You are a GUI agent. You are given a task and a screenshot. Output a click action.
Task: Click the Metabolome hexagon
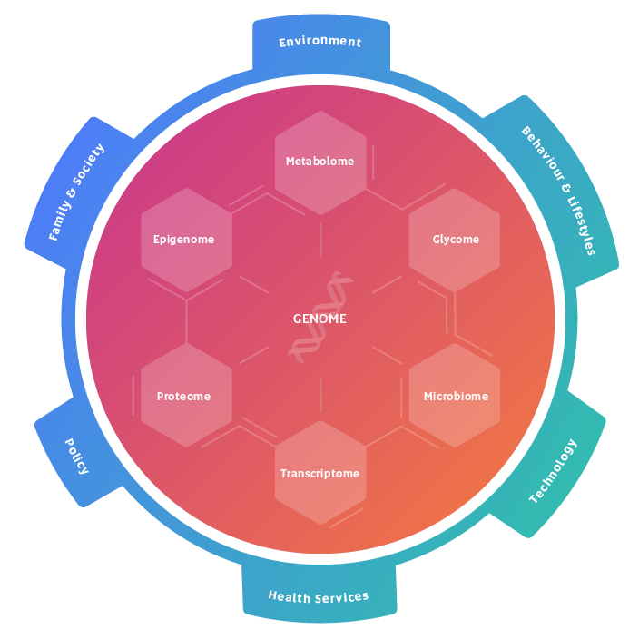(x=320, y=162)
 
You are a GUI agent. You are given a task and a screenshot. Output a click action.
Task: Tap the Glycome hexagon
(x=455, y=240)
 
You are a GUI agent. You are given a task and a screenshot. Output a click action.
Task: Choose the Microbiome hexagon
(x=455, y=396)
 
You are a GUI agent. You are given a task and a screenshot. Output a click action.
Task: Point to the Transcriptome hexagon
(x=320, y=473)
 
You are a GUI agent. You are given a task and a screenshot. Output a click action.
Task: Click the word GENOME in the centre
(x=319, y=319)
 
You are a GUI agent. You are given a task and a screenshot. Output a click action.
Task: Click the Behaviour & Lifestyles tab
(x=557, y=190)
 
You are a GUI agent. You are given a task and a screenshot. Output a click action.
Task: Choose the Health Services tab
(x=319, y=595)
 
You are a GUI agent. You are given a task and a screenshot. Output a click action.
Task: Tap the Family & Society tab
(x=78, y=192)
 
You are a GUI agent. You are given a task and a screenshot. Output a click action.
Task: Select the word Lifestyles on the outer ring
(x=577, y=222)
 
